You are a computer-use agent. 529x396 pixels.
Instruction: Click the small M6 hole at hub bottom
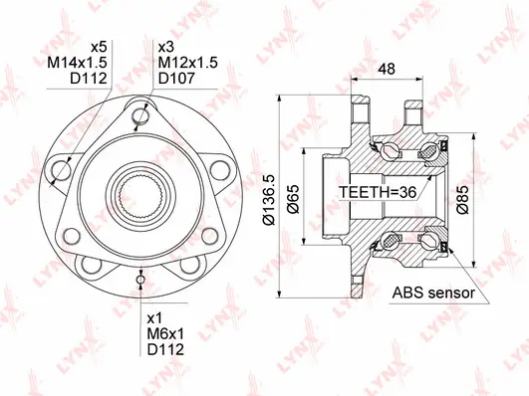(x=139, y=281)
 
